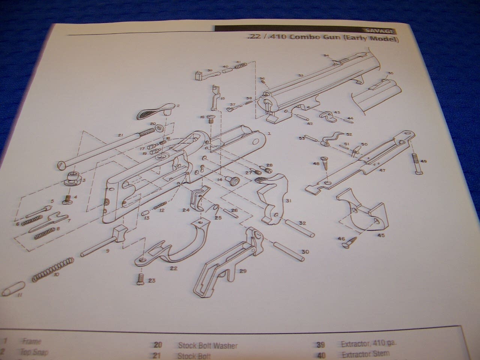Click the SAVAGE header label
pos(376,30)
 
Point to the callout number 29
pos(243,271)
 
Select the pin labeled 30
pos(289,249)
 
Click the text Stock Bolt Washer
pos(208,345)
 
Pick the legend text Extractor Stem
pos(365,353)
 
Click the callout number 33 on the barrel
pos(300,76)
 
